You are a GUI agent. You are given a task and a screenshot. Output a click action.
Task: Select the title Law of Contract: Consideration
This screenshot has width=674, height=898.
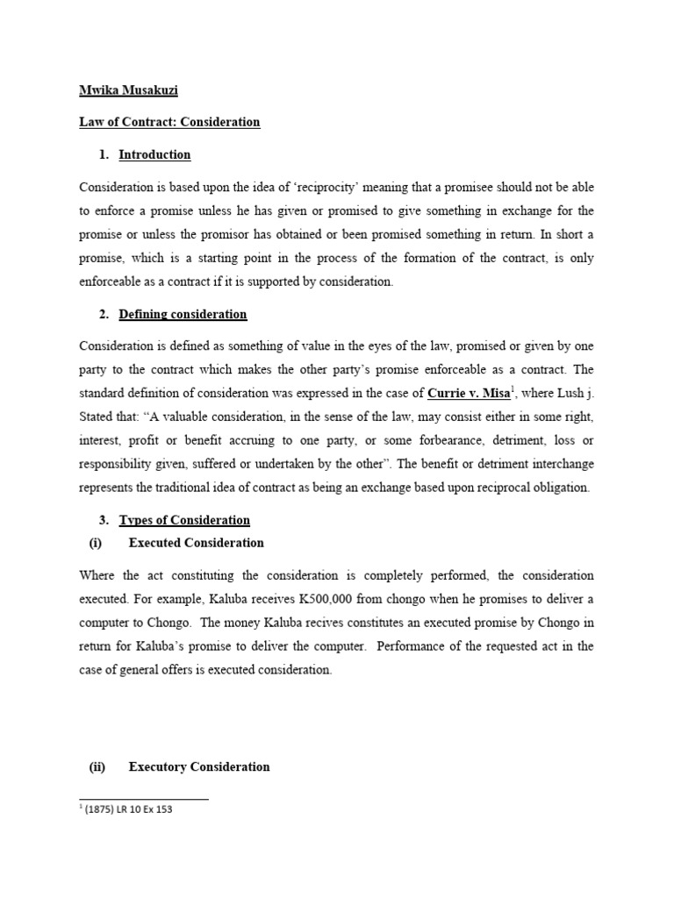169,122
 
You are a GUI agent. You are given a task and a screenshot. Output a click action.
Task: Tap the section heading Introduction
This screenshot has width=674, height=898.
154,154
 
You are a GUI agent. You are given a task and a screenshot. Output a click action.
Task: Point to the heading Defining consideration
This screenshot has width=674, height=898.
183,314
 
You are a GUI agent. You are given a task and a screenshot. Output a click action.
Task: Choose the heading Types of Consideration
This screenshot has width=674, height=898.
184,520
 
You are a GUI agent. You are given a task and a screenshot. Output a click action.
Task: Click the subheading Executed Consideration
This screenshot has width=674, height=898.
196,543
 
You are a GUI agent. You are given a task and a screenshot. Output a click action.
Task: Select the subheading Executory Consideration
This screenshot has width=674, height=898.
199,766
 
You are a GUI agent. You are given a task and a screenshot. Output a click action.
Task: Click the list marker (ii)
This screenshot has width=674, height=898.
97,766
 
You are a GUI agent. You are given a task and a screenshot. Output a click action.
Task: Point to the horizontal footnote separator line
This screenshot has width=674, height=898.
144,799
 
